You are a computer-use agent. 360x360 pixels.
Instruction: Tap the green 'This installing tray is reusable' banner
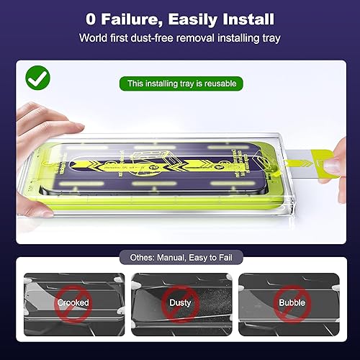pos(183,84)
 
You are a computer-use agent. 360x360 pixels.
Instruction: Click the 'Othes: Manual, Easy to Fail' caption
pos(180,256)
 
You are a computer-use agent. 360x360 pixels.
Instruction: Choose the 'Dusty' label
pos(179,302)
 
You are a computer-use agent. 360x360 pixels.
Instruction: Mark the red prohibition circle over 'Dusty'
pos(179,302)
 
